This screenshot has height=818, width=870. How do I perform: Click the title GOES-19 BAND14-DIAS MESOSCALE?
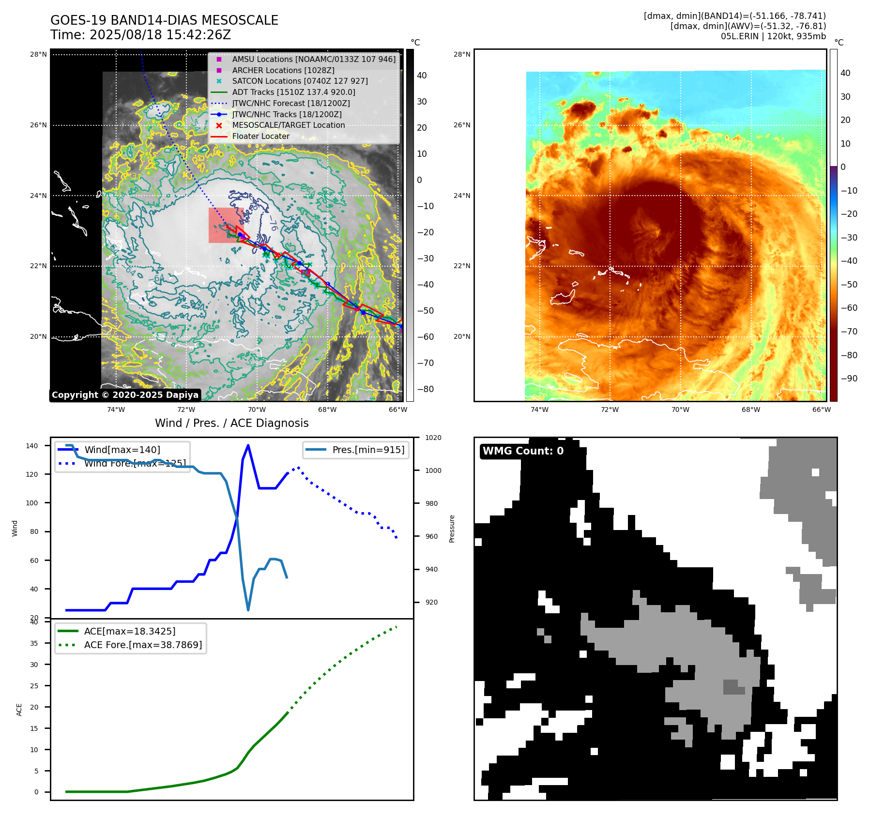tap(164, 20)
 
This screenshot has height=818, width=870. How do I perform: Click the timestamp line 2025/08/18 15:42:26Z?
tap(140, 35)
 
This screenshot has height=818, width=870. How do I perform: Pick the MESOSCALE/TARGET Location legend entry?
tap(288, 125)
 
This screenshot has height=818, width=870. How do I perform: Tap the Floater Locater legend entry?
tap(260, 136)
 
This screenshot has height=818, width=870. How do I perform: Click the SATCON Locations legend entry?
tap(300, 81)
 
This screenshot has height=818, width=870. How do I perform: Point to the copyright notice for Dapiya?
tap(125, 395)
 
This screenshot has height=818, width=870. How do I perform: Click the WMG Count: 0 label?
tap(523, 451)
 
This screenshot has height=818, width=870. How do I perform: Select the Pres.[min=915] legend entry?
tap(368, 450)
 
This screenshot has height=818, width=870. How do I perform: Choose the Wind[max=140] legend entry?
tap(122, 450)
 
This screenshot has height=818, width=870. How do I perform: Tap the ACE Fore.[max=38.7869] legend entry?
tap(143, 645)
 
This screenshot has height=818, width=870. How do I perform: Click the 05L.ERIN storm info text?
tap(773, 36)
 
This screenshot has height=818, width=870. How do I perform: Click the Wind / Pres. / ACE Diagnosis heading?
tap(231, 423)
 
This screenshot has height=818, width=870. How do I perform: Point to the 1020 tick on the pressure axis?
tap(433, 438)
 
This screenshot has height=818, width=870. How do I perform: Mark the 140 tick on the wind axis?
tap(31, 446)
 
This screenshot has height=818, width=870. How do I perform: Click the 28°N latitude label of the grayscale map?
tap(38, 54)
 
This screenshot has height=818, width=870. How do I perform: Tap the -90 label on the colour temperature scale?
tap(849, 379)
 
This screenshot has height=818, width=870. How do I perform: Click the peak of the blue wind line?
tap(248, 445)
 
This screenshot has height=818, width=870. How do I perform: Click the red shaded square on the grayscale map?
tap(226, 225)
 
